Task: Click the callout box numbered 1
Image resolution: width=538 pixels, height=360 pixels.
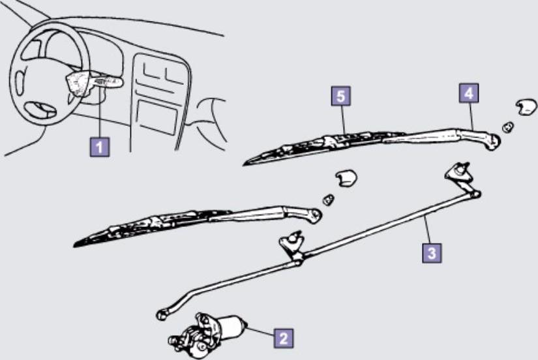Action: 100,147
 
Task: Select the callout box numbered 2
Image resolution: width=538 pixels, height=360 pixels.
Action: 284,338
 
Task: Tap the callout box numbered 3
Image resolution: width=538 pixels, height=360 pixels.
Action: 432,253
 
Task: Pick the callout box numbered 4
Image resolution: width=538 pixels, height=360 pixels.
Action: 469,93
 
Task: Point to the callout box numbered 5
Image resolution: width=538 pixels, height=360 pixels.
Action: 340,96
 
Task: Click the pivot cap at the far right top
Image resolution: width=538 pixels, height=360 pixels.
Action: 526,107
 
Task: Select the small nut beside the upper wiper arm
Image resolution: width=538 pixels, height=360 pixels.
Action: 508,127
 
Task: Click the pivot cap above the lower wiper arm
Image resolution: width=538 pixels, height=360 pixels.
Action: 346,179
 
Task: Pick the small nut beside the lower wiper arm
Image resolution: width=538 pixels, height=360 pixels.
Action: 329,200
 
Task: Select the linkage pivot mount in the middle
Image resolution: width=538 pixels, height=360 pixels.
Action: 292,245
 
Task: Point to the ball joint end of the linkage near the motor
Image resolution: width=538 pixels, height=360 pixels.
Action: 161,314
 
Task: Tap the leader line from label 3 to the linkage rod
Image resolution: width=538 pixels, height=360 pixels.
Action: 428,230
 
